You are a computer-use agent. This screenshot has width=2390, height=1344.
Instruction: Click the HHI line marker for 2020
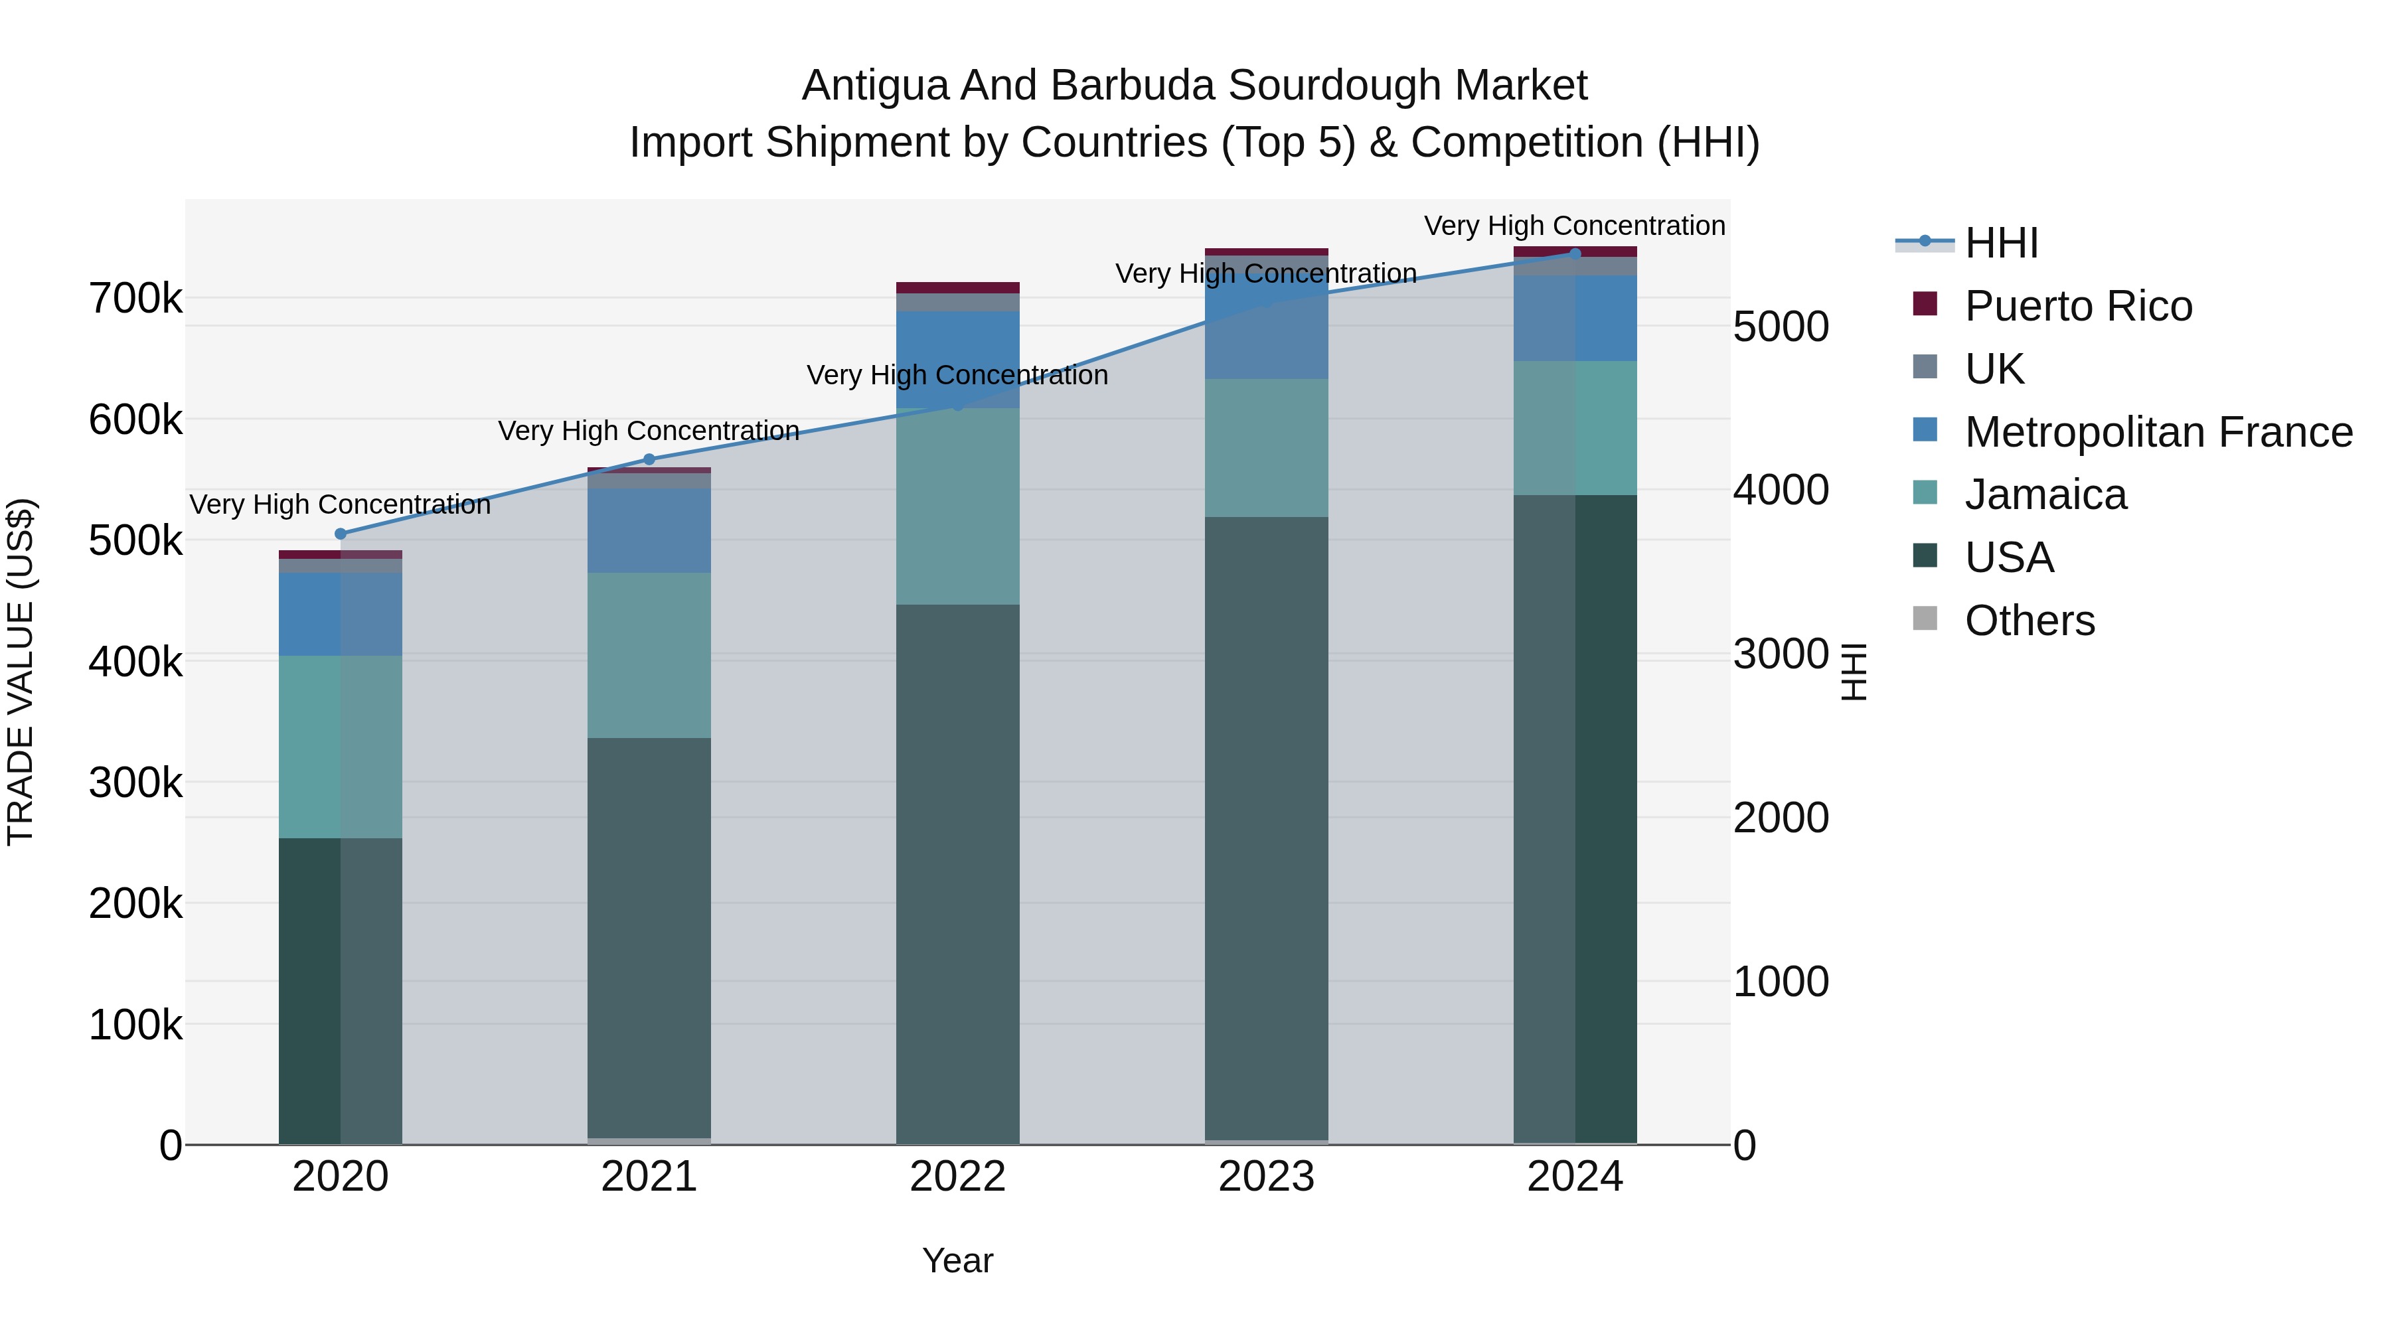click(x=341, y=534)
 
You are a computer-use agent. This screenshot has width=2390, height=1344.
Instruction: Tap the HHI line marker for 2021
click(x=649, y=459)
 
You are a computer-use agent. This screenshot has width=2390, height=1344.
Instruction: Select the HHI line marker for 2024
click(x=1575, y=254)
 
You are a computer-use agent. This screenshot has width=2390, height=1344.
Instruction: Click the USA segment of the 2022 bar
click(x=957, y=872)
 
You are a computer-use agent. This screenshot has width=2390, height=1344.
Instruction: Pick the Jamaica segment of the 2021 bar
click(x=649, y=655)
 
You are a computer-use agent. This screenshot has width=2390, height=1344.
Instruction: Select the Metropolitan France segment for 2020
click(x=341, y=614)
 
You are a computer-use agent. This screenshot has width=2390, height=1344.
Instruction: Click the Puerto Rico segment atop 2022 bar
click(x=957, y=287)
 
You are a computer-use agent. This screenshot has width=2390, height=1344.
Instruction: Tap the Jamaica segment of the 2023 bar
click(x=1267, y=447)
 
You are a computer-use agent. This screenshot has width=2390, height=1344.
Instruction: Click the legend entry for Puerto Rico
click(x=2078, y=306)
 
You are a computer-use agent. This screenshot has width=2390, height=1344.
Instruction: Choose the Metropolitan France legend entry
click(x=2158, y=432)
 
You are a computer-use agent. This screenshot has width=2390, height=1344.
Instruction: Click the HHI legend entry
click(x=2001, y=243)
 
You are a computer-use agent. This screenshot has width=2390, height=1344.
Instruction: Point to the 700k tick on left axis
click(x=135, y=299)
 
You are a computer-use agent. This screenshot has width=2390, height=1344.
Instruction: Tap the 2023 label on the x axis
click(x=1267, y=1177)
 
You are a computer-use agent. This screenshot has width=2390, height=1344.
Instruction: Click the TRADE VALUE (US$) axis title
click(x=21, y=672)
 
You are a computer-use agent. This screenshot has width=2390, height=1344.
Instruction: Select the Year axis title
click(x=957, y=1260)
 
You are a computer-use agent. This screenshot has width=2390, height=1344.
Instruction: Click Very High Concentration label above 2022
click(x=957, y=375)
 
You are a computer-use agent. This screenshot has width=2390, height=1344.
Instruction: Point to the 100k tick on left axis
click(x=135, y=1025)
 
